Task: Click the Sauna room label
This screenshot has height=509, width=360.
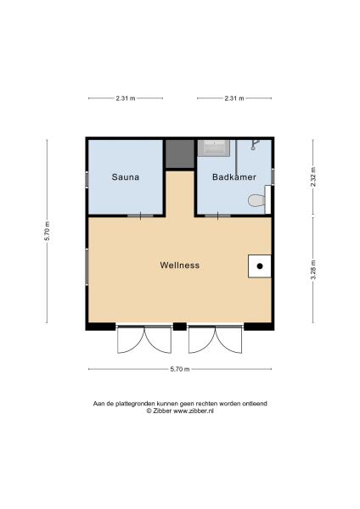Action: click(x=125, y=178)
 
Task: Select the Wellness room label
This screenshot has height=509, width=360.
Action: click(x=180, y=265)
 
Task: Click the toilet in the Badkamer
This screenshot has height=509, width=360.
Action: click(x=256, y=201)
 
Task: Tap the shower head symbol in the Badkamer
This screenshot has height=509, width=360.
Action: click(x=254, y=146)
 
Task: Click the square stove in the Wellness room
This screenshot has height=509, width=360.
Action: click(x=260, y=266)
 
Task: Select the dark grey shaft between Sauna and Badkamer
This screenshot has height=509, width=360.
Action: click(x=179, y=154)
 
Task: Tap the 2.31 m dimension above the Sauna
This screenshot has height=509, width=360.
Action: click(x=125, y=98)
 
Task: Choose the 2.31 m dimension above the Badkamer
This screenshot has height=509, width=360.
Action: click(x=233, y=98)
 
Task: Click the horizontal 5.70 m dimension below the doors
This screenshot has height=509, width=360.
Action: click(x=179, y=369)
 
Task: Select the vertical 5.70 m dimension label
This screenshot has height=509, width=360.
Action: click(x=48, y=232)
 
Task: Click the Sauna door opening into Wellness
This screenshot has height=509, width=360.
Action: click(x=135, y=215)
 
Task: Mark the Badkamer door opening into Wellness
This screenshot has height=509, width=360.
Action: click(x=222, y=215)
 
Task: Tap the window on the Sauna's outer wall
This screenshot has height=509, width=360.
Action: click(x=86, y=179)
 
